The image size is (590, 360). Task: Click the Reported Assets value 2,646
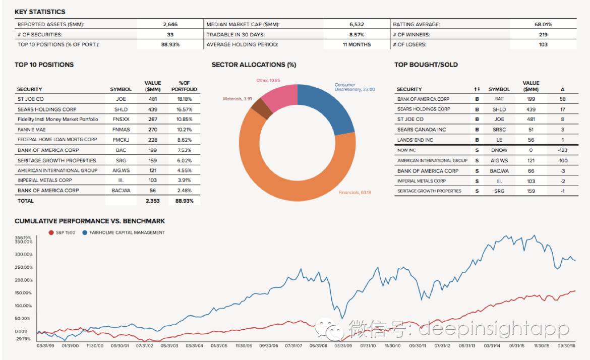(x=170, y=24)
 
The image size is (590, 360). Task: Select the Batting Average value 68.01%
(x=543, y=24)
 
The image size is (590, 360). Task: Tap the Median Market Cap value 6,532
(x=357, y=24)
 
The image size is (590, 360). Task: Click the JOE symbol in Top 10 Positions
(x=121, y=99)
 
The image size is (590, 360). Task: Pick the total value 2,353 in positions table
(x=152, y=201)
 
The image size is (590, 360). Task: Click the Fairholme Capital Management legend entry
(x=123, y=232)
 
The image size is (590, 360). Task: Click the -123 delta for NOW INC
(x=562, y=150)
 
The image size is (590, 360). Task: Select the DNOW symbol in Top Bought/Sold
(x=499, y=150)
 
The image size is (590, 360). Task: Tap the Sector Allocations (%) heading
(x=254, y=65)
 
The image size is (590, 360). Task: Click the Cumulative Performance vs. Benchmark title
(x=90, y=221)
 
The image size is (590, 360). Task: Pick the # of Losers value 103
(x=543, y=44)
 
